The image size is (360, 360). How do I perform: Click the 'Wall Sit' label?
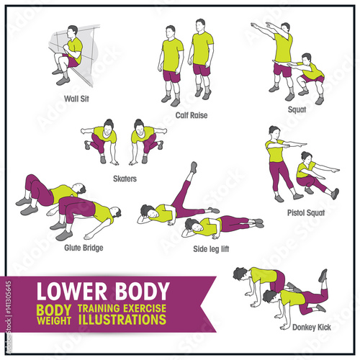click(x=76, y=99)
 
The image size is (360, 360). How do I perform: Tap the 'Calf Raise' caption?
click(x=192, y=115)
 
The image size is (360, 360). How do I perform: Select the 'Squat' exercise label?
click(x=297, y=109)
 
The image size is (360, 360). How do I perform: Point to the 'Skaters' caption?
click(x=125, y=179)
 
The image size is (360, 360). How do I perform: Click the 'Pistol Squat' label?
click(x=306, y=212)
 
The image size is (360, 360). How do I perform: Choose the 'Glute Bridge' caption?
click(x=84, y=248)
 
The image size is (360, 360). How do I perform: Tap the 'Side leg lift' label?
click(x=211, y=249)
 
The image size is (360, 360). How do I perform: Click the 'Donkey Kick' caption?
click(x=312, y=327)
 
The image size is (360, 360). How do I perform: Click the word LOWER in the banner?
click(x=72, y=291)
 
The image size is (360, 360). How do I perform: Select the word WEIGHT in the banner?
click(x=54, y=320)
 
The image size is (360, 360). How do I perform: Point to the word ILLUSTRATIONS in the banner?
click(x=122, y=320)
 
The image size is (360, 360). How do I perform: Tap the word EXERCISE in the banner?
click(x=145, y=308)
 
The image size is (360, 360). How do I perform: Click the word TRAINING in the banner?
click(x=99, y=308)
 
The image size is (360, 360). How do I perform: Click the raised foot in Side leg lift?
click(x=194, y=167)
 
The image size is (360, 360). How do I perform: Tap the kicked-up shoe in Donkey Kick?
click(x=323, y=276)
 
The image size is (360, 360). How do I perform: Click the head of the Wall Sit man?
click(x=72, y=32)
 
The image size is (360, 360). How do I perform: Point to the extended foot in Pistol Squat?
click(x=336, y=194)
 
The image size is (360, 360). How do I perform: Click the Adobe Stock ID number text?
click(x=9, y=297)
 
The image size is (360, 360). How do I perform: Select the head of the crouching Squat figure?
click(x=306, y=59)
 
